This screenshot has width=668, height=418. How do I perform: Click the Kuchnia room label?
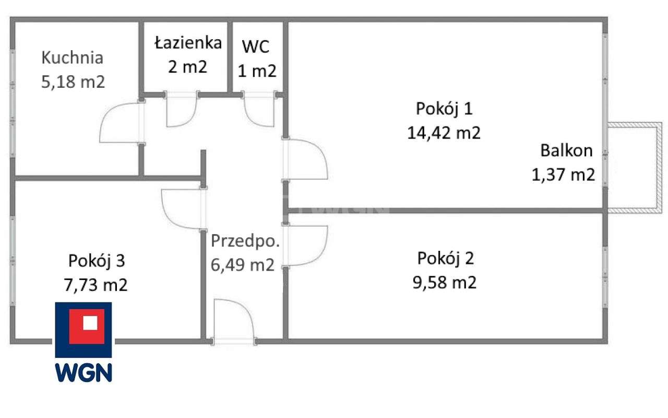[x=72, y=57]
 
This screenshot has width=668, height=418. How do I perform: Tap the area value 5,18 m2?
[x=73, y=82]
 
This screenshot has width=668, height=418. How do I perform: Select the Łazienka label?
[x=188, y=43]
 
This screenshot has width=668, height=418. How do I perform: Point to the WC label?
[x=255, y=47]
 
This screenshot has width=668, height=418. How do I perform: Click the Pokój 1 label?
[x=444, y=109]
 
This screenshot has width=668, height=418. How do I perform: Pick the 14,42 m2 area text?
[x=444, y=133]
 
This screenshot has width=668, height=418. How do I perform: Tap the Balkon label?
[x=566, y=151]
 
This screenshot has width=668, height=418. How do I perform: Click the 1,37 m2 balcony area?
[x=563, y=175]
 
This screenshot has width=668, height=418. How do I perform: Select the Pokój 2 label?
[x=446, y=258]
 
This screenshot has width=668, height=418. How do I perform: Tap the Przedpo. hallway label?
[x=245, y=241]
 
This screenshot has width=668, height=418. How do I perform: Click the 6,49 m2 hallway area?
[x=243, y=265]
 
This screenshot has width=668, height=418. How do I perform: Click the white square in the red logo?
[x=90, y=323]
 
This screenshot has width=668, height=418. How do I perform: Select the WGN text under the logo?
[x=83, y=372]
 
